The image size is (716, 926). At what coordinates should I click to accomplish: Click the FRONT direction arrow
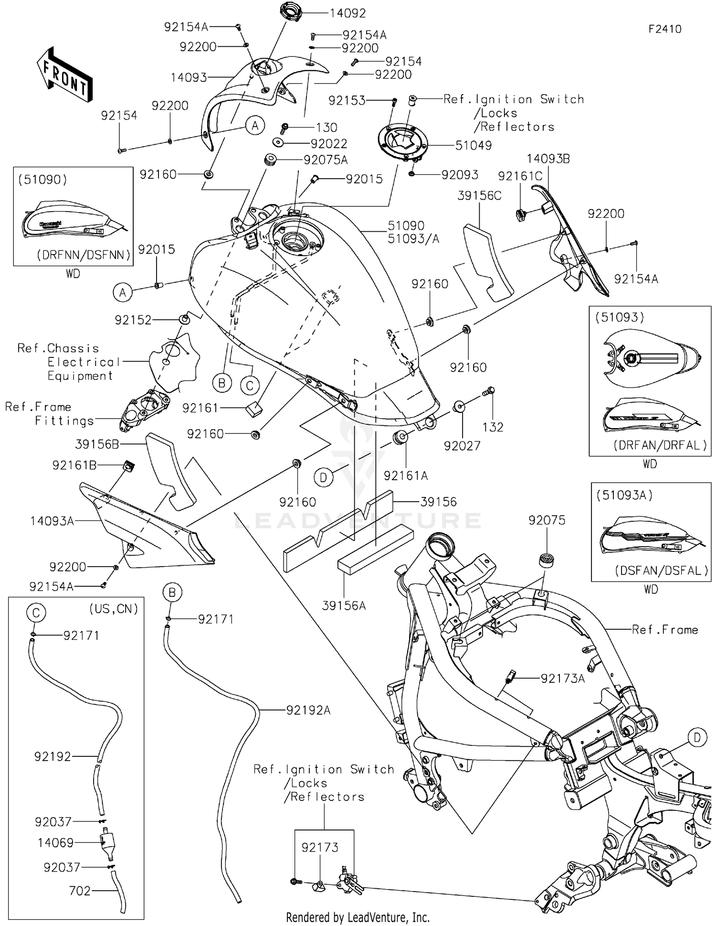coord(64,75)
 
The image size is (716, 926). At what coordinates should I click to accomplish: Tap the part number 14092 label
coord(347,13)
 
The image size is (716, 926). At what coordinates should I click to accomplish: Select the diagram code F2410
coord(664,29)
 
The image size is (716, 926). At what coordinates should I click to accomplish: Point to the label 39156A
coord(344,606)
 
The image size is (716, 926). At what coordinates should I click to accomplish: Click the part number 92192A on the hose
coord(308,711)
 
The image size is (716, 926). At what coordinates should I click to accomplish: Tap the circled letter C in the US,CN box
coord(36,613)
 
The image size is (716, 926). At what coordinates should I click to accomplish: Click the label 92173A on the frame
coord(562,678)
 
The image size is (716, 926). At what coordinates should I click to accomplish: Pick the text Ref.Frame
coord(664,630)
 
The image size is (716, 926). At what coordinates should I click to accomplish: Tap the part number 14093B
coord(548,159)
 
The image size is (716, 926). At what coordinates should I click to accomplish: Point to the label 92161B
coord(74,465)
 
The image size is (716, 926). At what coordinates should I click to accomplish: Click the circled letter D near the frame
coord(697,738)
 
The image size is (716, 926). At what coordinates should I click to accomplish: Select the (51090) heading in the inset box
coord(42,180)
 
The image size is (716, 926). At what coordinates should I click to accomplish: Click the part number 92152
coord(133,320)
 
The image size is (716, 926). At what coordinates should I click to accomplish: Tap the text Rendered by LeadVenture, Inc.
coord(358,917)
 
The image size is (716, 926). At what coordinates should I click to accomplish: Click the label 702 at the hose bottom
coord(80,891)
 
